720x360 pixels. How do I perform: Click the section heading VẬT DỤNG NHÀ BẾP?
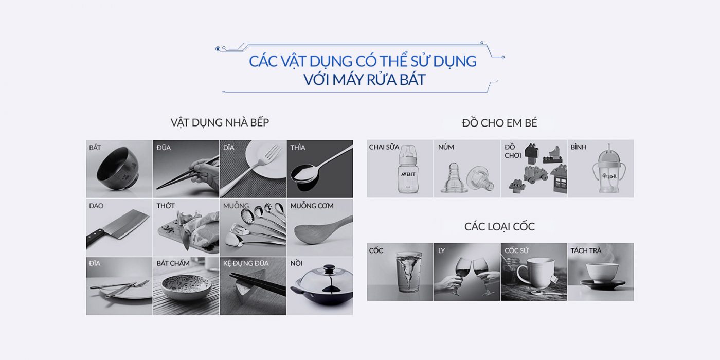pos(220,122)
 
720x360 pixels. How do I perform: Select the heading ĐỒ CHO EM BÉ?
pos(499,123)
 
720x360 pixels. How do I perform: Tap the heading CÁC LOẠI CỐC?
pos(499,227)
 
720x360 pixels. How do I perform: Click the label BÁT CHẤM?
pos(173,263)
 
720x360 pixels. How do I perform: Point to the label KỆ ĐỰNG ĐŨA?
pos(246,263)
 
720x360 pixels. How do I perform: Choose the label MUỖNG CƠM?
pos(312,206)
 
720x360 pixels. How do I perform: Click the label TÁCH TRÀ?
pos(586,250)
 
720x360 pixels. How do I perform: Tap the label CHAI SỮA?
pos(384,147)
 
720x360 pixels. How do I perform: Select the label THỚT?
pos(166,206)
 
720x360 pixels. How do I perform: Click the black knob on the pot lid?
pos(329,268)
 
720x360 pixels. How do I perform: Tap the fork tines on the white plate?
pos(273,152)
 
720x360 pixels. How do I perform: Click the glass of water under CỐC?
pos(408,272)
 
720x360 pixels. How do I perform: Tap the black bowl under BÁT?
pos(118,169)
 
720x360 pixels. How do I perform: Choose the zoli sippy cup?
pos(609,170)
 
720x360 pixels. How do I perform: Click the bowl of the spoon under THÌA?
pos(304,173)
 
